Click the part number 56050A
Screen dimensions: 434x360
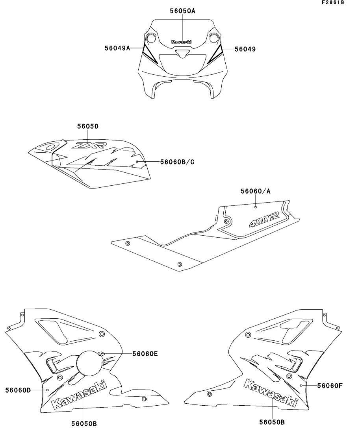coord(183,11)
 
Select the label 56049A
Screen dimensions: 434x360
coord(117,48)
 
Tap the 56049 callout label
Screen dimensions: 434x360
coord(245,49)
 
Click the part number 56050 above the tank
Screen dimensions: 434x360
coord(88,126)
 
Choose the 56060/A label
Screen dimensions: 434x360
coord(256,191)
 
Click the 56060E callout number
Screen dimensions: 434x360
coord(145,354)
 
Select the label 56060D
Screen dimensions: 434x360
coord(18,390)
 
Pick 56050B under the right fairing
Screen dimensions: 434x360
coord(272,422)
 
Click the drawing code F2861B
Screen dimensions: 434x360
coord(333,2)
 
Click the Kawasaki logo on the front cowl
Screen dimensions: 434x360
coord(182,42)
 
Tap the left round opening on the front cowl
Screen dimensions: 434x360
coord(150,38)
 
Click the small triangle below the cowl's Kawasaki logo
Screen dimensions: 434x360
coord(182,53)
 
